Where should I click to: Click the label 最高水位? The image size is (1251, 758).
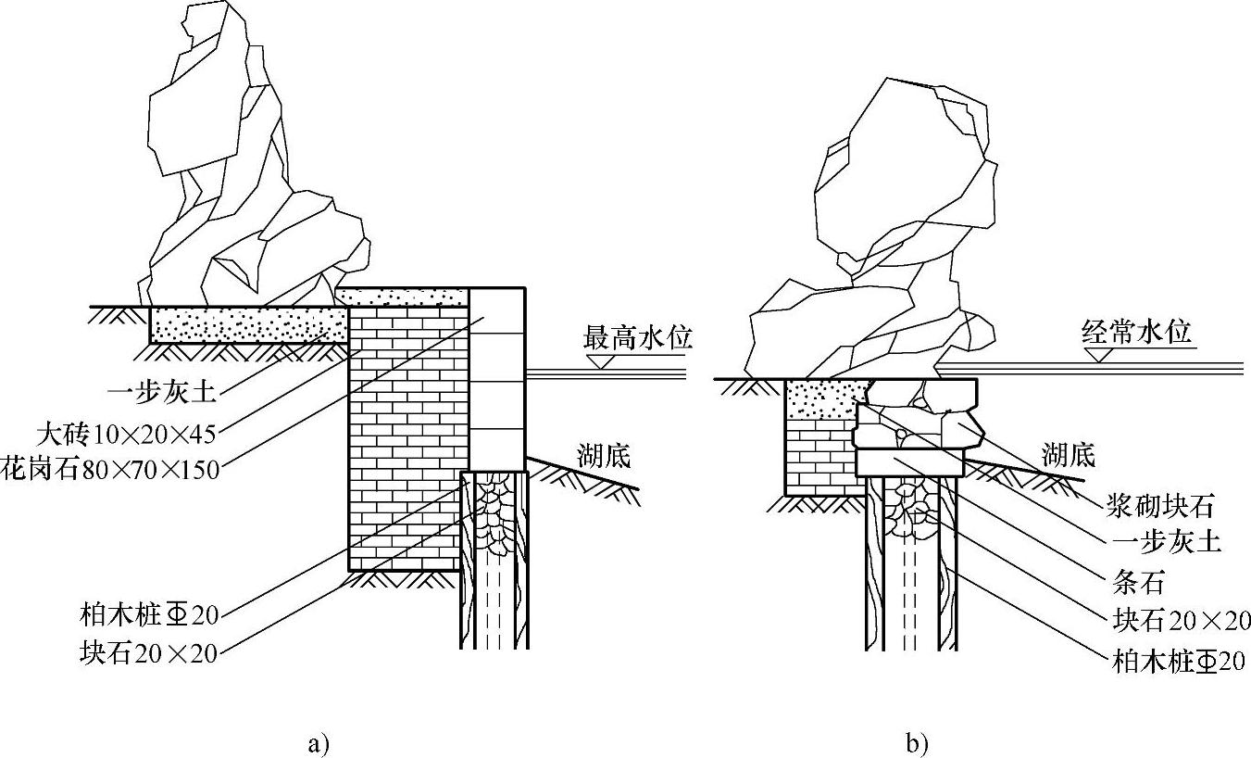[x=637, y=336]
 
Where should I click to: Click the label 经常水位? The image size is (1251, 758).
[x=1136, y=331]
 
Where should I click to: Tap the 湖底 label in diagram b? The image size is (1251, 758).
[x=1068, y=454]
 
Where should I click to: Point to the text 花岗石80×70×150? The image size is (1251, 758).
[x=110, y=469]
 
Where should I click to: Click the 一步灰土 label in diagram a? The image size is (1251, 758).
[x=162, y=392]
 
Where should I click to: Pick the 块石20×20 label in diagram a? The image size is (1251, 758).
[x=148, y=653]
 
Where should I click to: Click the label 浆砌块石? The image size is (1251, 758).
[x=1158, y=505]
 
